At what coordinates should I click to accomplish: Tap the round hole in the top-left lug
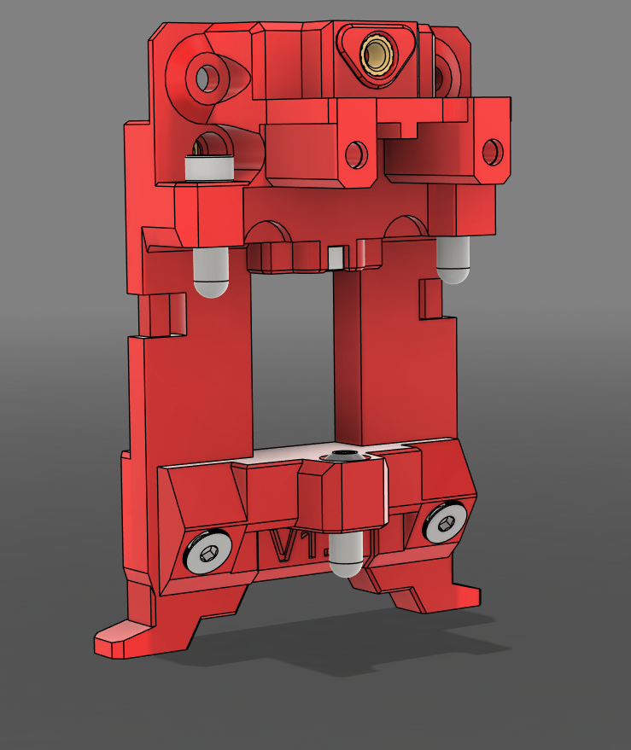coord(207,78)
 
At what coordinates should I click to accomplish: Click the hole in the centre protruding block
coord(356,154)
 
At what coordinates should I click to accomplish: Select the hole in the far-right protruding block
coord(492,152)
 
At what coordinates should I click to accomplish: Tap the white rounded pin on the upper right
coord(453,260)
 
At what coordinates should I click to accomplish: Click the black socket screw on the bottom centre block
coord(345,458)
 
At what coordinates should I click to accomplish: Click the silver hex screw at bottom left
coord(210,552)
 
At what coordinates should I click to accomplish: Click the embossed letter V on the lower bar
coord(282,546)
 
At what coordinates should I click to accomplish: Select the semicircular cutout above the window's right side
coord(405,226)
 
